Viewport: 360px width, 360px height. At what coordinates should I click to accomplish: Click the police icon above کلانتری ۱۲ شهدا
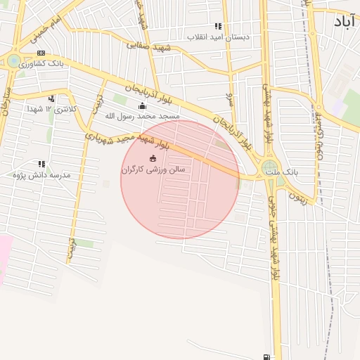[x=51, y=98]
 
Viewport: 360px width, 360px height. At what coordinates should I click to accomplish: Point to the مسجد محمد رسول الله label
[x=142, y=115]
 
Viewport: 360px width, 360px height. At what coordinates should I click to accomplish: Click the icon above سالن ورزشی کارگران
[x=153, y=159]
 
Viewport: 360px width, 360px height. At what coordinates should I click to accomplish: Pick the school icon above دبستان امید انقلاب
[x=218, y=26]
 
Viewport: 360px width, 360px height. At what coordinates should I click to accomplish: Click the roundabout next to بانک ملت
[x=270, y=168]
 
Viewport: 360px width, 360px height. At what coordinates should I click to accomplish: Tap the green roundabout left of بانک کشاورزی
[x=13, y=61]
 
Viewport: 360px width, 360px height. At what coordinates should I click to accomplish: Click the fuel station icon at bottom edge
[x=266, y=356]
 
